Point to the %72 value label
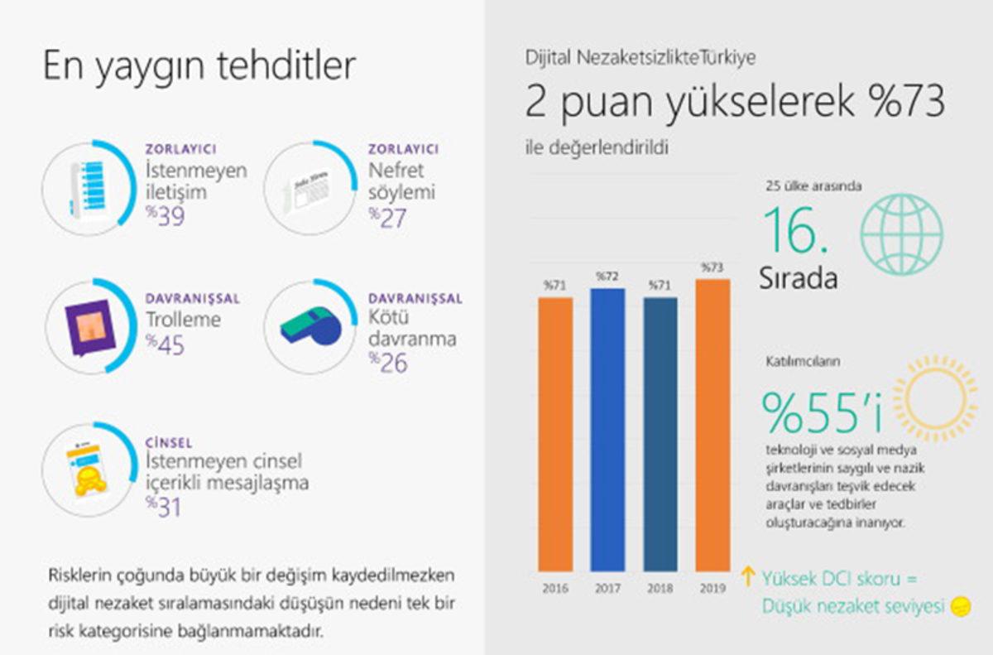tap(607, 276)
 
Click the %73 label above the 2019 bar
tap(712, 267)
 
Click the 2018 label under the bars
tap(660, 589)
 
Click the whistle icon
tap(310, 327)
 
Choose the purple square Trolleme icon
tap(89, 326)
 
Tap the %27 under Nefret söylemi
tap(388, 216)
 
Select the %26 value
tap(388, 362)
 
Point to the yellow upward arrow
tap(748, 577)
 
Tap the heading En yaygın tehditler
tap(199, 66)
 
